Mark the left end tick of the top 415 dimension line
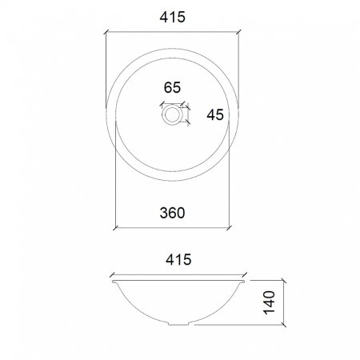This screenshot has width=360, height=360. pyautogui.click(x=106, y=33)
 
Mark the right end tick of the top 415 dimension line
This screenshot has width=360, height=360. pyautogui.click(x=239, y=33)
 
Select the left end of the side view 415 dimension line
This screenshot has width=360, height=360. pyautogui.click(x=111, y=273)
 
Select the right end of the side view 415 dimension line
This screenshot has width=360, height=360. pyautogui.click(x=244, y=273)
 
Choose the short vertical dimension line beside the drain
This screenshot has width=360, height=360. pyautogui.click(x=188, y=115)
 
